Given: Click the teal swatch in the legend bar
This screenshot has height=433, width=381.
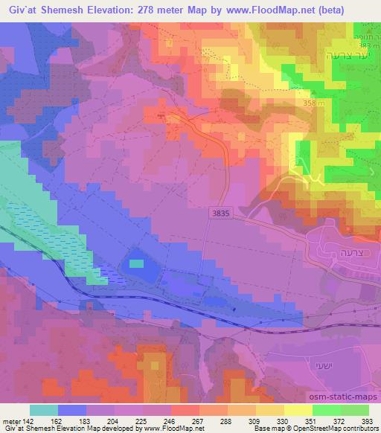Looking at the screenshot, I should tap(44, 409).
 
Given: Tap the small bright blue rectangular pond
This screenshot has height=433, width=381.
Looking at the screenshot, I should tap(136, 263).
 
